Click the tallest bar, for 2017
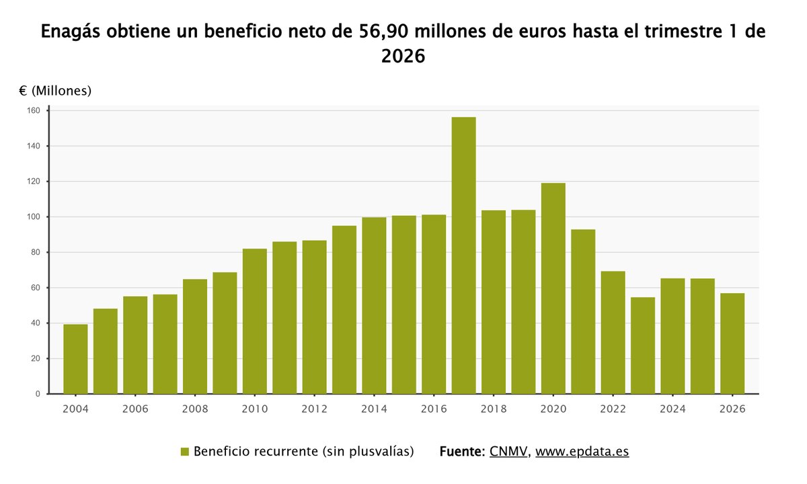(463, 255)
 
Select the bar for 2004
(75, 359)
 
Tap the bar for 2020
(553, 288)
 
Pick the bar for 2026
(732, 344)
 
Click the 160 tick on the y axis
(34, 111)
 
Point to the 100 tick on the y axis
(34, 217)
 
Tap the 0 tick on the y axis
(38, 394)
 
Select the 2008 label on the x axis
(195, 409)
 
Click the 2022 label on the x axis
(613, 409)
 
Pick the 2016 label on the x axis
(434, 409)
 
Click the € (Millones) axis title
(55, 91)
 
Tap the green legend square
(185, 452)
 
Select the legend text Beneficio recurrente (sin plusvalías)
(303, 452)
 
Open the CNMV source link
(508, 452)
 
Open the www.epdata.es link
(582, 452)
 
